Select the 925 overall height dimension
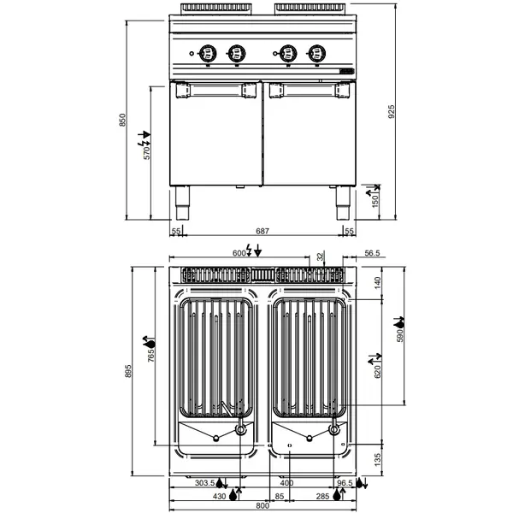tap(392, 121)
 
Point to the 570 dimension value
tap(147, 153)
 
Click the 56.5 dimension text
tap(371, 254)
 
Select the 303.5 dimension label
tap(205, 484)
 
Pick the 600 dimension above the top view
tap(239, 254)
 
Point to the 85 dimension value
tap(280, 496)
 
